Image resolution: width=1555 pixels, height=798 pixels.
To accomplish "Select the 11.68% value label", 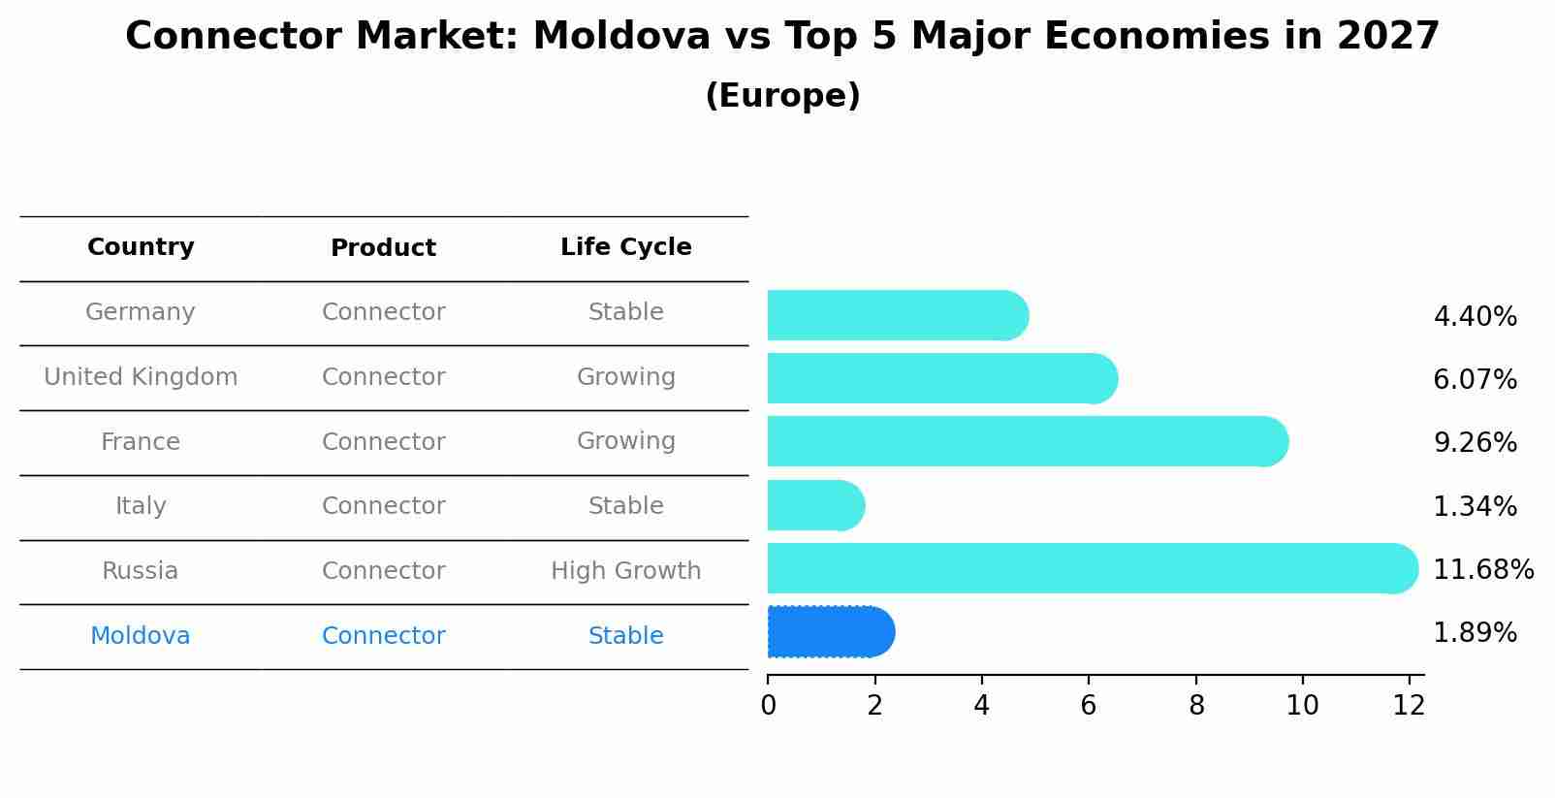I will (x=1482, y=569).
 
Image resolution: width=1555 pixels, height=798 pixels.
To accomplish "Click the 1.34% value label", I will (x=1475, y=506).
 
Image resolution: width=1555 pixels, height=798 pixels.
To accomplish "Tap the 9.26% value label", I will (x=1475, y=443).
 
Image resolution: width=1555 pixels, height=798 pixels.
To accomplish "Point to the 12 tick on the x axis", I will (x=1409, y=706).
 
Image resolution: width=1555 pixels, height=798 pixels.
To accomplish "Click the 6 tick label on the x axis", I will (x=1089, y=706).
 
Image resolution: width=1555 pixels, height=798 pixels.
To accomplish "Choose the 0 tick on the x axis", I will (x=768, y=706).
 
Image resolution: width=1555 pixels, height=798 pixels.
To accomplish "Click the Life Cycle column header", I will (x=625, y=247).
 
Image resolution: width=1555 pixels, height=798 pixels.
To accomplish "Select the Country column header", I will (x=141, y=247).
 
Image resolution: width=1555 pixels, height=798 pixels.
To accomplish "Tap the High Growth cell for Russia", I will (x=625, y=571).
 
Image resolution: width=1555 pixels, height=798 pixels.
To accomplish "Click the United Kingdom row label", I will (x=141, y=377).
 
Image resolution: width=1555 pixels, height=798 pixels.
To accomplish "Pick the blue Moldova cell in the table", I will (x=141, y=636).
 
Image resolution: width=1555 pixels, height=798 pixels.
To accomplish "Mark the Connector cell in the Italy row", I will (x=383, y=506).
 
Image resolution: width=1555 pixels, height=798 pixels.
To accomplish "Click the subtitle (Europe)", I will (x=782, y=96).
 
